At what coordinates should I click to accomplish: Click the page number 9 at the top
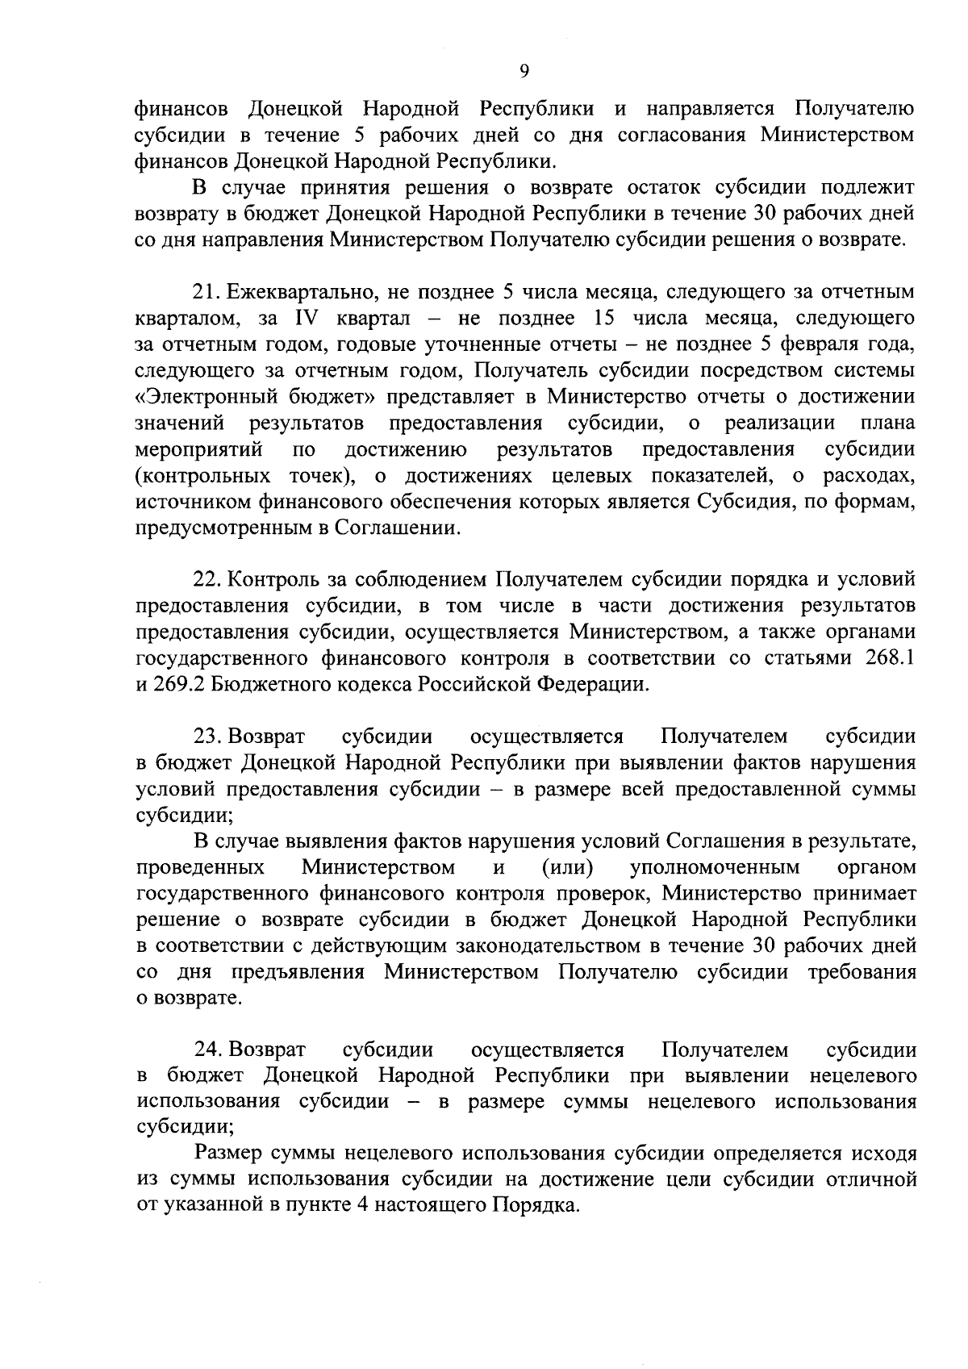click(x=524, y=72)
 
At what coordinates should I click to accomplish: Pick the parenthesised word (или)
click(x=568, y=868)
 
